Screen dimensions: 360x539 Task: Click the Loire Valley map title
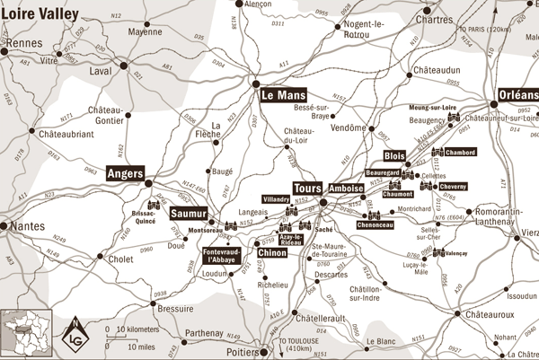40,13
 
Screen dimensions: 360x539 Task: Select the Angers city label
125,173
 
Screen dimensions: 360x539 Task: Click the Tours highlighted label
307,189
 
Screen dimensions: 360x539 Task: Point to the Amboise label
346,189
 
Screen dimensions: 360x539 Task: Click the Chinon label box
272,253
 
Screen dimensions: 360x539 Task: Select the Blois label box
395,154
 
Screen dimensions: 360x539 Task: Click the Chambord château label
459,153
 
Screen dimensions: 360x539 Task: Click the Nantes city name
25,225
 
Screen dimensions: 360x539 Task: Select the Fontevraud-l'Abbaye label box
221,256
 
